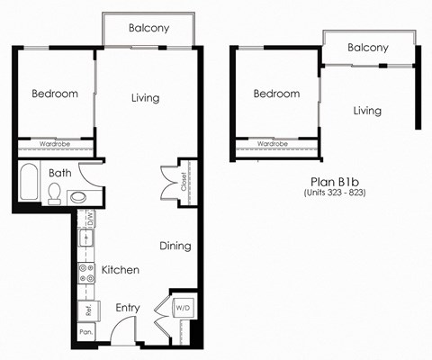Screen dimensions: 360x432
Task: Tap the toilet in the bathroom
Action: click(54, 192)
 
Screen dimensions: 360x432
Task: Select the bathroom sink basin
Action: click(79, 195)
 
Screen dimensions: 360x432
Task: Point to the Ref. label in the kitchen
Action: click(87, 310)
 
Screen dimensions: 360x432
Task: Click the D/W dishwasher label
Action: click(90, 219)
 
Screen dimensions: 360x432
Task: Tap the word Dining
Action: click(175, 246)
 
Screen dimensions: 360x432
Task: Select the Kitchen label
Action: click(119, 270)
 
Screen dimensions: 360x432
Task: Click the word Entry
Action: click(127, 308)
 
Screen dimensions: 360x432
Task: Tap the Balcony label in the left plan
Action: click(148, 28)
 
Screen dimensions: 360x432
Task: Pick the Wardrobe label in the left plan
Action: click(54, 142)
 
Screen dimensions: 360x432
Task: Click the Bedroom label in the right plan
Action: click(276, 94)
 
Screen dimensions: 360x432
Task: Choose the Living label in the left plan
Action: click(145, 98)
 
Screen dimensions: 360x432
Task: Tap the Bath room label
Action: click(60, 172)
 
